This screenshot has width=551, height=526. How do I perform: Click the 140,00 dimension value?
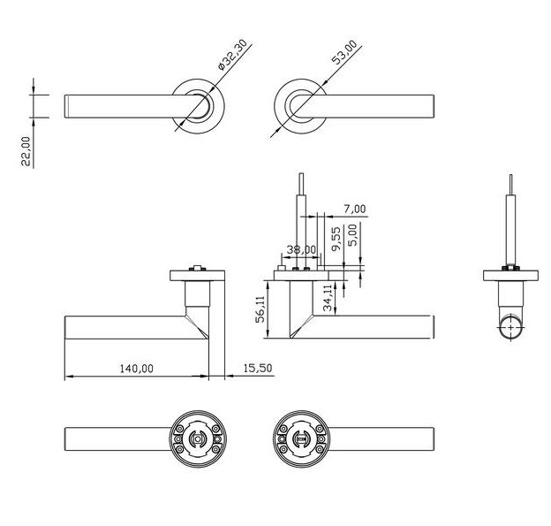click(x=135, y=368)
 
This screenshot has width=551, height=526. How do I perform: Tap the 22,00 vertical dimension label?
click(x=26, y=150)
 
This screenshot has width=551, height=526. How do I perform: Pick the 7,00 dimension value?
click(x=353, y=210)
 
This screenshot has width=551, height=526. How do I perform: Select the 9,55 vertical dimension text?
click(x=336, y=240)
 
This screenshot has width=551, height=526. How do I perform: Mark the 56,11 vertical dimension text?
click(x=261, y=310)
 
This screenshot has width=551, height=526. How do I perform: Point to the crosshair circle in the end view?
click(x=509, y=326)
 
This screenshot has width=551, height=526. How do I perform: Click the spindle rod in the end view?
click(x=509, y=221)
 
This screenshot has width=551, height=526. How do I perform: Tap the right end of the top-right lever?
click(x=432, y=105)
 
